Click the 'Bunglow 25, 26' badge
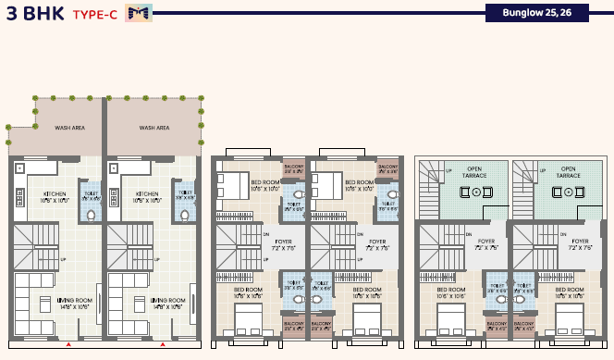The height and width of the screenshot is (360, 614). pos(537,13)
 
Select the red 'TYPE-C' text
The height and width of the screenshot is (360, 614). pos(94,15)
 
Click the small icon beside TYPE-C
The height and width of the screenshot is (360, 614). pos(139,13)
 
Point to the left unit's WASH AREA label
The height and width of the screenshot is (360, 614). pos(69,128)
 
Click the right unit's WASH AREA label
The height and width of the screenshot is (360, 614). pos(153,128)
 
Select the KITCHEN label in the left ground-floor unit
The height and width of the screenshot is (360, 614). pos(55,196)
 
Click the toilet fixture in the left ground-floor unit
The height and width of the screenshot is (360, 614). pos(91,214)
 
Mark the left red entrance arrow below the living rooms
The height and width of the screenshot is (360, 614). pos(68,344)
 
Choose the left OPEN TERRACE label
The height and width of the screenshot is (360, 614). pos(474,171)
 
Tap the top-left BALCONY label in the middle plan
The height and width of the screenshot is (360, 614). pos(294,169)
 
